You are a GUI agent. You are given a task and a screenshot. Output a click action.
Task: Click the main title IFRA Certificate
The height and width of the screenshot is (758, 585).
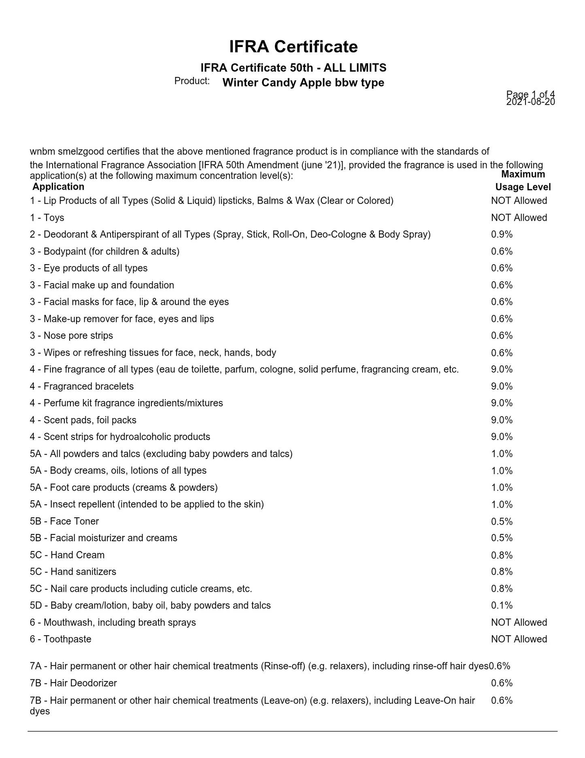[293, 47]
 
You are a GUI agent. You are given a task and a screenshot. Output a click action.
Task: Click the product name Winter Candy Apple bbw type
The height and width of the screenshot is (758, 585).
[303, 83]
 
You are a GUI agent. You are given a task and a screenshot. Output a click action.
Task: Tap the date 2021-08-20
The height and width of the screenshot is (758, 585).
[530, 102]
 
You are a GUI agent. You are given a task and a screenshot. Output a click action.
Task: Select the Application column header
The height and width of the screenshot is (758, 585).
[58, 187]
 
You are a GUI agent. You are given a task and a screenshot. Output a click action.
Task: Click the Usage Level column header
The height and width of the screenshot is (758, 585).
[523, 187]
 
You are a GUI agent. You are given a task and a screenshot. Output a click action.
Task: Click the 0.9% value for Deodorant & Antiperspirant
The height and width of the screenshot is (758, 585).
[502, 235]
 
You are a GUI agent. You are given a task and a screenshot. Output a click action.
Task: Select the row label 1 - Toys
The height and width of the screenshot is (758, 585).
[47, 218]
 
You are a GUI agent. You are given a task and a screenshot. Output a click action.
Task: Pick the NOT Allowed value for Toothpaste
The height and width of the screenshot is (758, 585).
[519, 639]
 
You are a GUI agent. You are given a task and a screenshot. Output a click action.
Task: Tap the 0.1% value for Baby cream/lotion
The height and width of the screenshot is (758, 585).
[502, 606]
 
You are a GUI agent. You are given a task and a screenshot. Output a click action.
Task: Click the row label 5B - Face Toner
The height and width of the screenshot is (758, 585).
[64, 521]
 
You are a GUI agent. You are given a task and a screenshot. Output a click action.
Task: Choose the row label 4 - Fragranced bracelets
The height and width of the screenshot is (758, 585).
[82, 386]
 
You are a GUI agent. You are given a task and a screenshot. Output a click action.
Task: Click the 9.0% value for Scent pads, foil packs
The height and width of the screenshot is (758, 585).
[502, 420]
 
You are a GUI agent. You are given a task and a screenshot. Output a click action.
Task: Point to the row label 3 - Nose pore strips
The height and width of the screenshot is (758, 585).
[71, 336]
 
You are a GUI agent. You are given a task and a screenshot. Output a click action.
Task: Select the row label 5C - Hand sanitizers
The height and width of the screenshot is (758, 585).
[73, 572]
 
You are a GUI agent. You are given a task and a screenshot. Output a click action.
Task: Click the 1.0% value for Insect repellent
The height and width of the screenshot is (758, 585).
[502, 505]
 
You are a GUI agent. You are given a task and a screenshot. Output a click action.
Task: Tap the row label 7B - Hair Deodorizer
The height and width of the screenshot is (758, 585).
[73, 683]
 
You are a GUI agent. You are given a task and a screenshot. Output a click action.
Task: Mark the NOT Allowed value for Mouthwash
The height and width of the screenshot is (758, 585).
[519, 623]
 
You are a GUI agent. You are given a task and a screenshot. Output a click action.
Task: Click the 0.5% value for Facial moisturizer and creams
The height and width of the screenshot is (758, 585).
[502, 538]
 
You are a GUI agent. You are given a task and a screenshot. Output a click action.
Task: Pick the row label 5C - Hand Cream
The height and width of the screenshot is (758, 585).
[67, 555]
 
